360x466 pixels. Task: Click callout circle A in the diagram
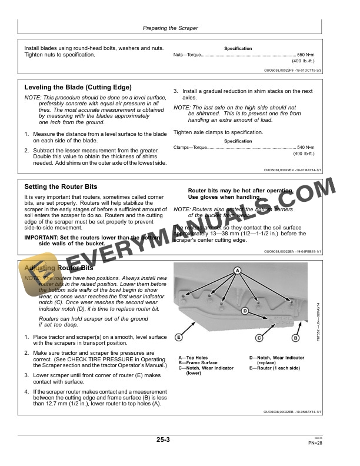point(238,270)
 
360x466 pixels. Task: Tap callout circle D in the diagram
point(244,310)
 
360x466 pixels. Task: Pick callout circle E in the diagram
point(178,338)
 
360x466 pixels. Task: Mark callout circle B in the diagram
point(295,338)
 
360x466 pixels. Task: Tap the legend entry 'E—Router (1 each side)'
point(275,368)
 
